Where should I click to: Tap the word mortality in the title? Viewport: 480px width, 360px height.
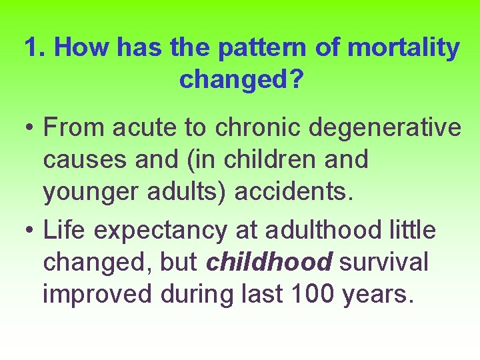point(404,48)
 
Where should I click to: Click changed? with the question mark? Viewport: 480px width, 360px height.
point(241,79)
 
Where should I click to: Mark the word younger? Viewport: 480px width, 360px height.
point(87,191)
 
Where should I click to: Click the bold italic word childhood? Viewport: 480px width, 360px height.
point(269,262)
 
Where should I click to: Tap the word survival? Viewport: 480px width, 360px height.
point(384,262)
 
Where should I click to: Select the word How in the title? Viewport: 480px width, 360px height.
point(81,48)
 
